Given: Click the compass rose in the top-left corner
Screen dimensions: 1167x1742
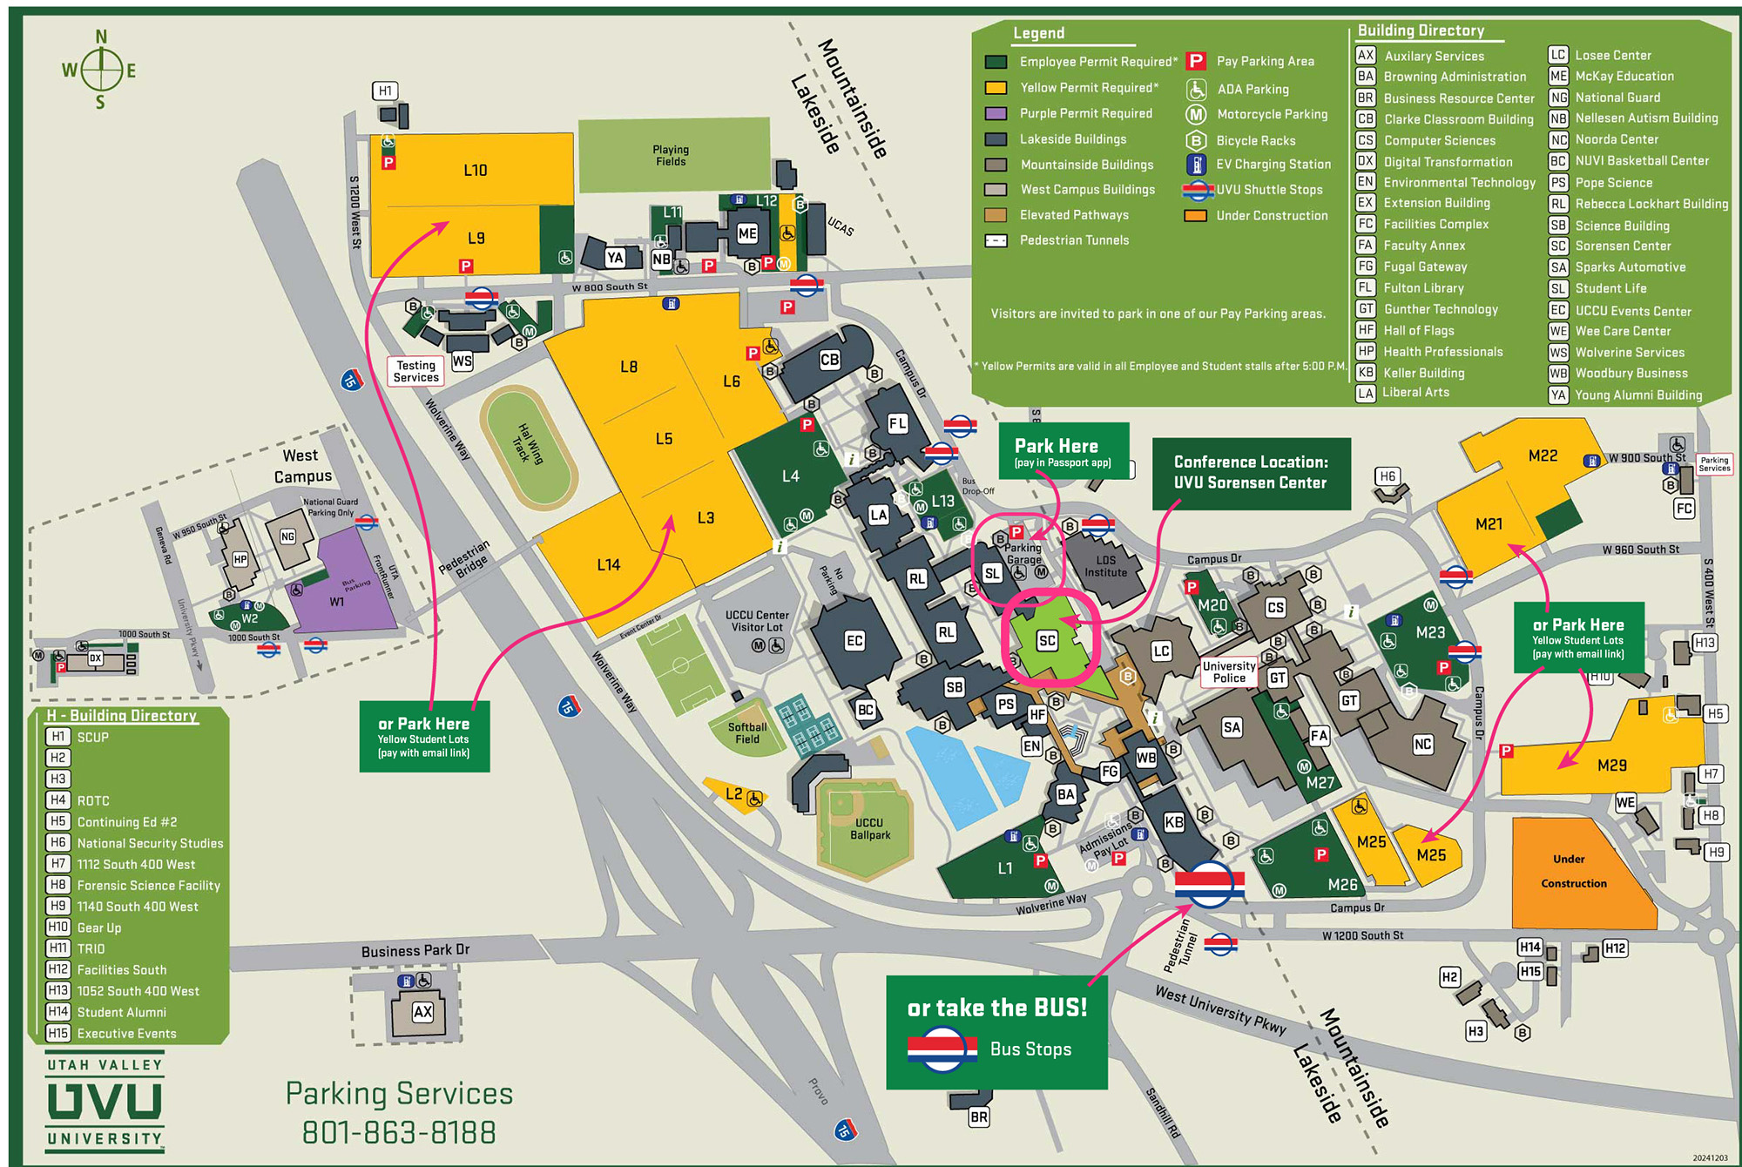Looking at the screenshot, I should click(101, 70).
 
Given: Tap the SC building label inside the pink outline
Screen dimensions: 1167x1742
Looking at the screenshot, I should click(1047, 641).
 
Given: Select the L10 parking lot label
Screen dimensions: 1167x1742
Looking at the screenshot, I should click(475, 170).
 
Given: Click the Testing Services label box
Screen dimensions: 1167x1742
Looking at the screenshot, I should click(415, 371).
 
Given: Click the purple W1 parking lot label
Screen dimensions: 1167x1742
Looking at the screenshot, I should click(337, 602).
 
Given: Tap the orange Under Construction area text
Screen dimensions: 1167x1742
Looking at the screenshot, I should click(1573, 871).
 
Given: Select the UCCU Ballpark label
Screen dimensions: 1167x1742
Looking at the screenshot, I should click(869, 828).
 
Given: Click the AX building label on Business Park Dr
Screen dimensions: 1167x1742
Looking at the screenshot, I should click(422, 1012).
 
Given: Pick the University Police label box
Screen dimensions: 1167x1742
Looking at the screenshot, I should click(1229, 671).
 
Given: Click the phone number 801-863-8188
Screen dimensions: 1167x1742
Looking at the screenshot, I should click(399, 1132).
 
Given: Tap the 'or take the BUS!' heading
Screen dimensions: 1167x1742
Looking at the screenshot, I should click(997, 1008).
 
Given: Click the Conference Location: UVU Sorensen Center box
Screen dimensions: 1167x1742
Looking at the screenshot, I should click(1251, 473).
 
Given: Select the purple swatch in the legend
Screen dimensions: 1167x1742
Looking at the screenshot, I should click(996, 113).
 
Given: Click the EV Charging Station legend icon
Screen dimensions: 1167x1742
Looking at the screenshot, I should click(1197, 164).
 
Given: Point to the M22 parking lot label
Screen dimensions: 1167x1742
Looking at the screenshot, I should click(1543, 455).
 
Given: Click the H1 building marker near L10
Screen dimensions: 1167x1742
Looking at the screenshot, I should click(385, 91).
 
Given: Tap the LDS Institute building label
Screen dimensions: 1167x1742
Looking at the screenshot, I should click(1105, 566).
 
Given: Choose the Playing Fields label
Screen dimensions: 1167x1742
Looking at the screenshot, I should click(671, 155).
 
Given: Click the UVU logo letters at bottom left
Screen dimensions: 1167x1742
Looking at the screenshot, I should click(105, 1102).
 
